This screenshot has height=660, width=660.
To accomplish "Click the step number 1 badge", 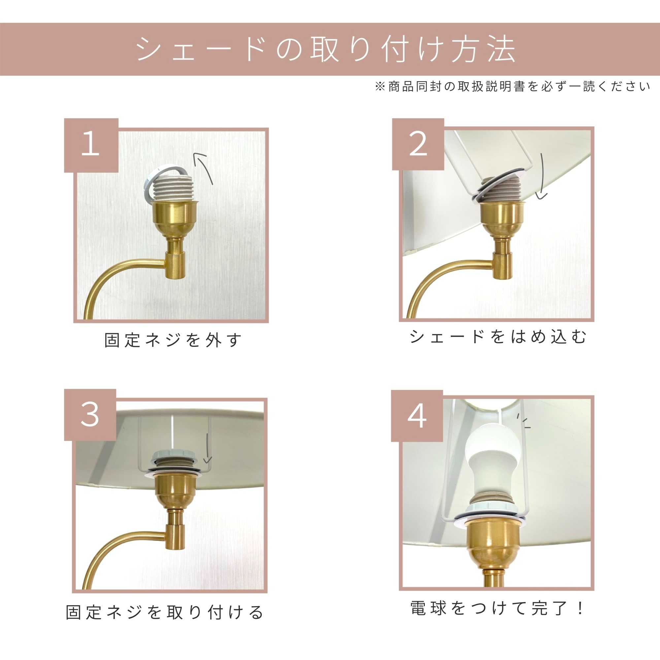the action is click(91, 145).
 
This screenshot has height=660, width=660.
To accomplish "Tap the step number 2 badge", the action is click(418, 144).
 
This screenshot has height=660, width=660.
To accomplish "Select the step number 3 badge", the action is click(90, 415).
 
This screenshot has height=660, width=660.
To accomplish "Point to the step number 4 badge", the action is click(417, 416).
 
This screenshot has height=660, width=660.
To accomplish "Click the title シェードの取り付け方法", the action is click(326, 50).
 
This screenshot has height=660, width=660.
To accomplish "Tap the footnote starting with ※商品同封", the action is click(512, 87).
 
